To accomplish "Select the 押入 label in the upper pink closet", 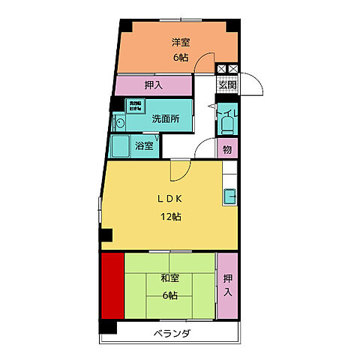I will click(152, 85).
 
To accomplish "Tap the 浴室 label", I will click(145, 145).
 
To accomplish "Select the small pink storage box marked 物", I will click(227, 148).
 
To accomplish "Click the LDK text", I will click(169, 199).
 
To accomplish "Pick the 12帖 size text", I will click(169, 217).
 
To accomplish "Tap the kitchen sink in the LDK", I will click(229, 197).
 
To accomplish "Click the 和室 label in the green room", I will click(169, 278).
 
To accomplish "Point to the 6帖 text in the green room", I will click(169, 295).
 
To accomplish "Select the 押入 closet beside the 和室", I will click(227, 285).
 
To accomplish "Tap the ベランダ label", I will click(172, 333).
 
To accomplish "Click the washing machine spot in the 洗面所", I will click(135, 106).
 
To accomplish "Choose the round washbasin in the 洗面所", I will click(120, 121).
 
